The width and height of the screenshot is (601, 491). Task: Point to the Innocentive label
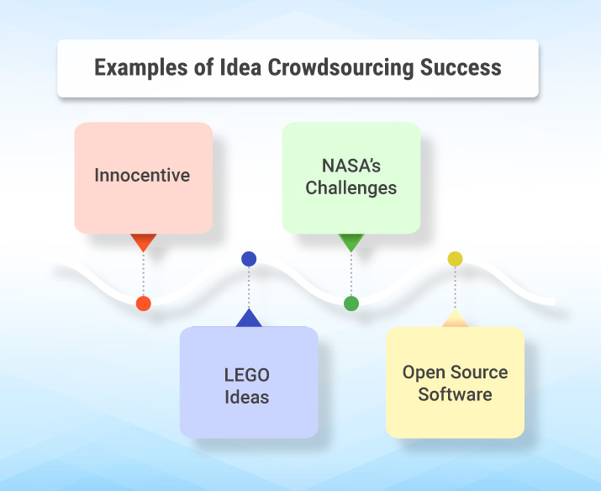point(142,176)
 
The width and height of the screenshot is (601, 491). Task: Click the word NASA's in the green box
point(351,165)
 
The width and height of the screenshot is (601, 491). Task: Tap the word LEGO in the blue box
point(248,374)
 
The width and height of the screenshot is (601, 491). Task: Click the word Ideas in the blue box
point(247,396)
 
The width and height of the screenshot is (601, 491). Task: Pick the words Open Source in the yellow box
point(455,372)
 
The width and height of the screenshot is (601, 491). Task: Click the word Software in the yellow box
point(455,393)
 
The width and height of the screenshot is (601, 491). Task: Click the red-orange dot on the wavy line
point(143,304)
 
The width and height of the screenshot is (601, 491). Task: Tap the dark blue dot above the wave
point(249,259)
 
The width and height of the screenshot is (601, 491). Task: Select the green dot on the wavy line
point(351,304)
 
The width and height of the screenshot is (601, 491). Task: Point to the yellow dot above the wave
point(455,259)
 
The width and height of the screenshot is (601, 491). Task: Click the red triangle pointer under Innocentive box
point(143,242)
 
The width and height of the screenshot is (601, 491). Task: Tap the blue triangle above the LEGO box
point(249,319)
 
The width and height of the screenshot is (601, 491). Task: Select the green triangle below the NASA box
point(351,242)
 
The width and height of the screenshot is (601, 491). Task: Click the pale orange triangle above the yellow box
point(455,319)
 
